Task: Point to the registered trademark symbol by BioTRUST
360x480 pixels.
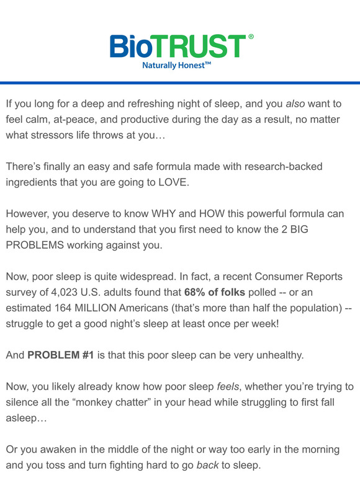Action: click(x=251, y=37)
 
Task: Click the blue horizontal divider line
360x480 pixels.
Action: click(x=180, y=83)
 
